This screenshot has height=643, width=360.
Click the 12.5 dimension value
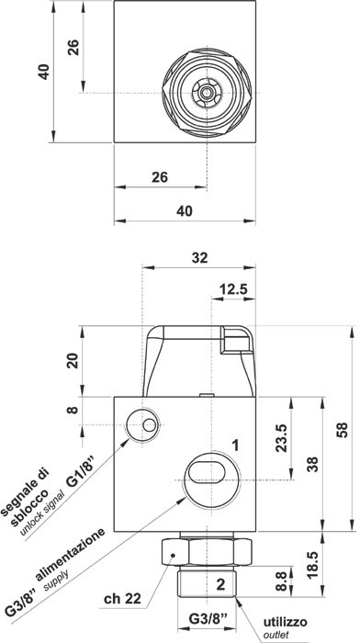pos(233,289)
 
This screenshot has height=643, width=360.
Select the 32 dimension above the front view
pos(199,258)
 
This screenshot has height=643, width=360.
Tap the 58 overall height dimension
pos(343,430)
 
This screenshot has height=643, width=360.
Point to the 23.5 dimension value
pos(282,438)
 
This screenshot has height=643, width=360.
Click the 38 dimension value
pos(313,464)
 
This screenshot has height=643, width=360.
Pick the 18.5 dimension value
pos(313,565)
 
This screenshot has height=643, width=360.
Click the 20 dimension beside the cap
pos(73,361)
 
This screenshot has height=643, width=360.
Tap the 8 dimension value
pos(73,410)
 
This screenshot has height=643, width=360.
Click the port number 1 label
pos(235,445)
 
